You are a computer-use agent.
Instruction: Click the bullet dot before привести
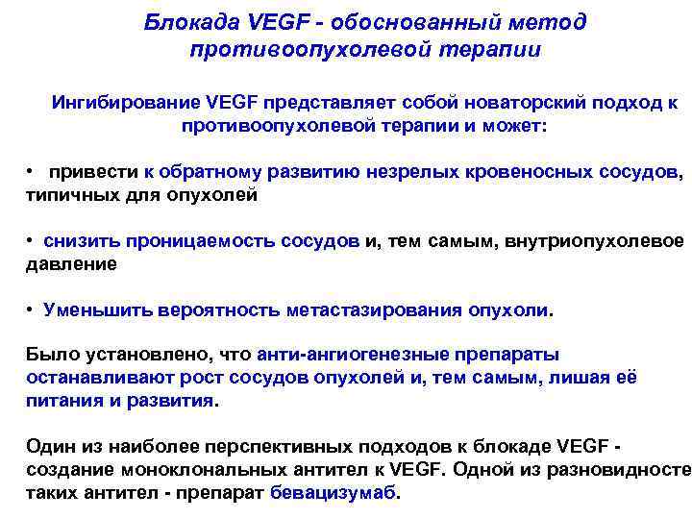pos(32,172)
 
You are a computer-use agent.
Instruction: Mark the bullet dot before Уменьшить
pos(32,309)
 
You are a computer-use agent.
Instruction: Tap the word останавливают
pos(95,377)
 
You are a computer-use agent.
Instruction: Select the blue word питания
pos(62,400)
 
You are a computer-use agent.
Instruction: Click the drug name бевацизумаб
pos(334,494)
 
